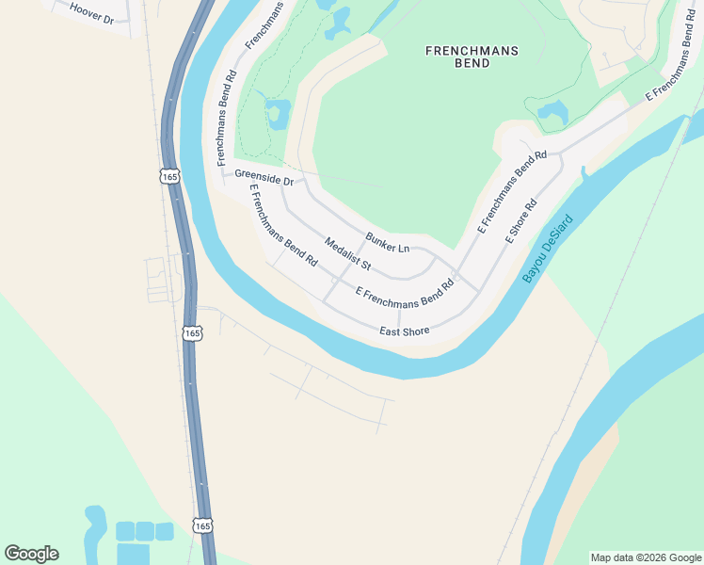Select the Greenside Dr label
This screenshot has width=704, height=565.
click(x=264, y=176)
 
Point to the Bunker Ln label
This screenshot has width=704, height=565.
click(x=388, y=242)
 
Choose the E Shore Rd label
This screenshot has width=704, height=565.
click(x=520, y=220)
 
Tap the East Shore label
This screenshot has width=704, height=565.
click(x=405, y=331)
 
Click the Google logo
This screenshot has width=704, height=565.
click(x=32, y=554)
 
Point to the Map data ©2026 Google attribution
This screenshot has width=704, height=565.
click(x=646, y=557)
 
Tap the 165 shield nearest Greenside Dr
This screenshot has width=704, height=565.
click(x=169, y=176)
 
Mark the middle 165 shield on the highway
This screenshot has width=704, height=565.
click(x=192, y=333)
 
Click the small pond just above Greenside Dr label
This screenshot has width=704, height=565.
click(x=277, y=114)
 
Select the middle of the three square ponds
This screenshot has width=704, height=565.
click(x=145, y=531)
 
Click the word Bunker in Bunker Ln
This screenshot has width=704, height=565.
click(x=380, y=239)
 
